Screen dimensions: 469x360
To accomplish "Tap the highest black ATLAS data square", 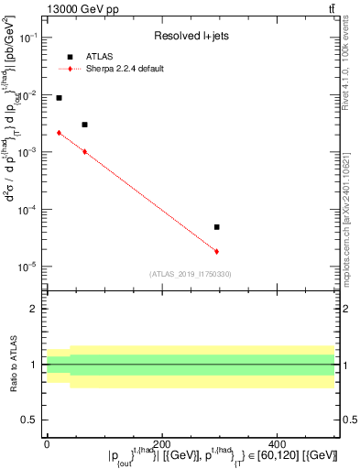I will click(59, 98).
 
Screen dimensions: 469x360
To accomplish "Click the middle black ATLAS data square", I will click(84, 125).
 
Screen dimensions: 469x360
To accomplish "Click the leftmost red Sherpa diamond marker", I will click(59, 133).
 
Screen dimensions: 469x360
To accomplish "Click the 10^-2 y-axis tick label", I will click(28, 95).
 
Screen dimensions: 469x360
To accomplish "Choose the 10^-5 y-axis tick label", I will click(28, 267).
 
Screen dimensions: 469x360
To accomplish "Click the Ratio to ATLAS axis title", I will click(15, 365).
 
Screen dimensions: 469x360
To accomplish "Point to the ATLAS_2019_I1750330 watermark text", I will click(191, 274).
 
